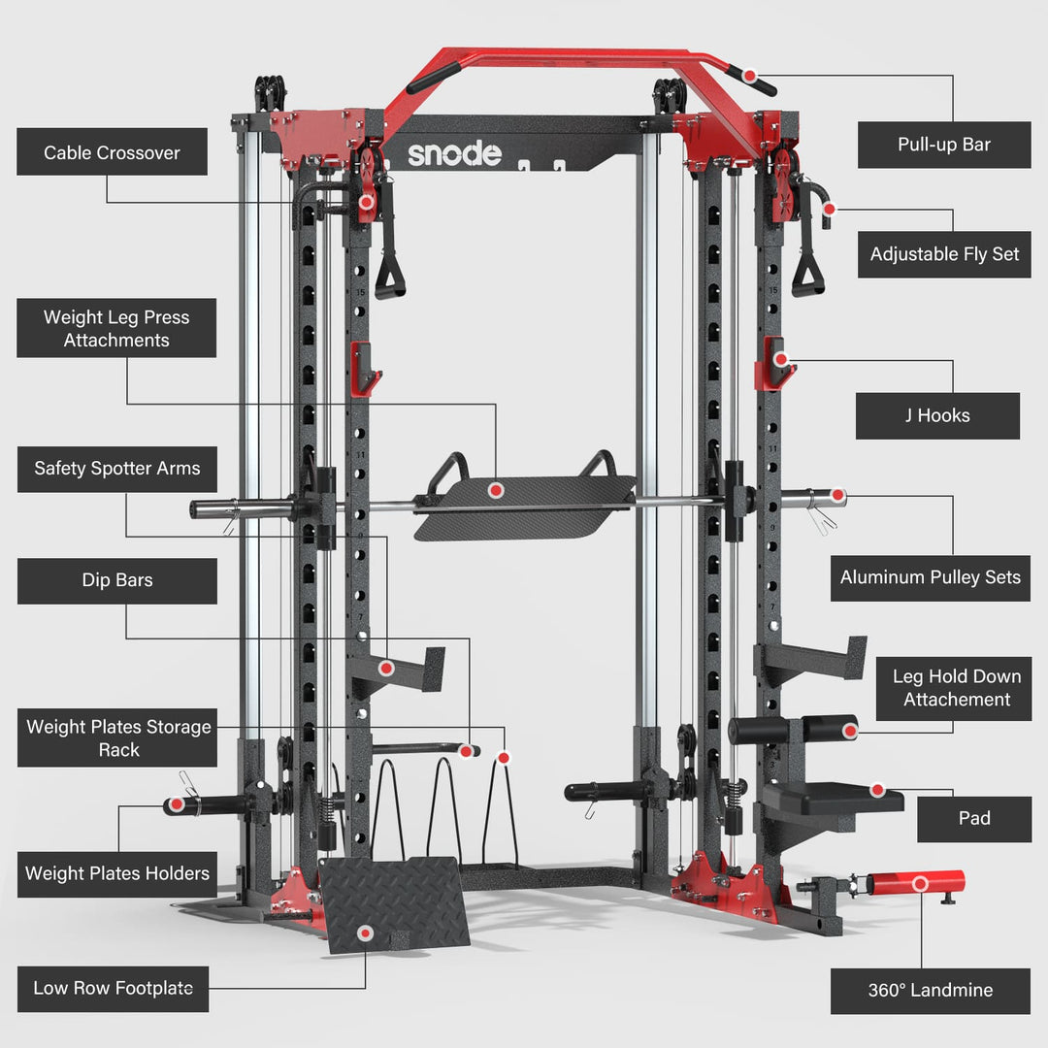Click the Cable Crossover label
pos(112,152)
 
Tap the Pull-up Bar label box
pos(943,145)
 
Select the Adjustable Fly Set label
pos(944,254)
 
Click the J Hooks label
pos(936,415)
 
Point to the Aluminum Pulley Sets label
pos(930,577)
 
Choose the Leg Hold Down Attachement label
pos(956,688)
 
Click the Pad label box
pos(973,818)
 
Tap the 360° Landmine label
pos(930,991)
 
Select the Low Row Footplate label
pos(113,988)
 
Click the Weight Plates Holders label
pos(116,873)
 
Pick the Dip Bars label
pos(116,580)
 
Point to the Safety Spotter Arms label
pos(116,469)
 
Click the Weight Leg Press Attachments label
pos(116,328)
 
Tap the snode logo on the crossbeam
pos(454,153)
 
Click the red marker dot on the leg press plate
pos(495,491)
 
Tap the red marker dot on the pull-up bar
pos(751,74)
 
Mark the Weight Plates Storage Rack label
pos(117,738)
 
